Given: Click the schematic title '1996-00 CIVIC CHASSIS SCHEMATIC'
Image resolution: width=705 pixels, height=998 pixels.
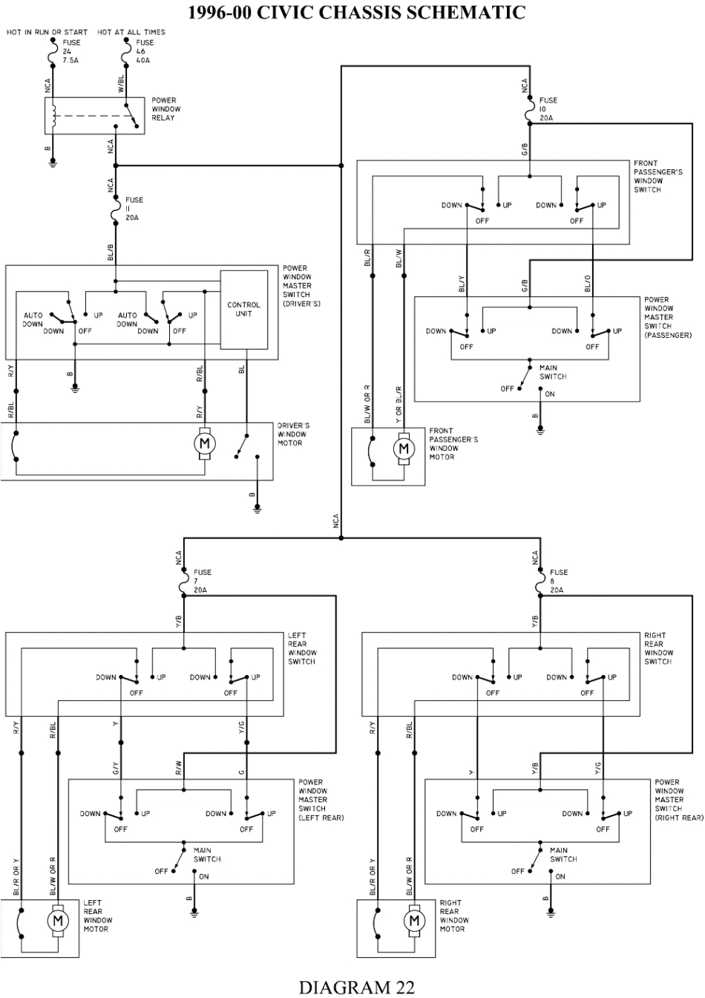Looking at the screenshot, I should coord(356,12).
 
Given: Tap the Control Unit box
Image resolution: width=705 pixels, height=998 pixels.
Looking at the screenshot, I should coord(243,310).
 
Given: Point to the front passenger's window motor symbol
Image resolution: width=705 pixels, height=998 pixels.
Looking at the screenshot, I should coord(404,449).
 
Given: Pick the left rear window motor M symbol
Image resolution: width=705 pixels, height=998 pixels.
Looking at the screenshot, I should coord(57,921).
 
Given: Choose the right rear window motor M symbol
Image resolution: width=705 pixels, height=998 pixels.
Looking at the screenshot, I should coord(413,921).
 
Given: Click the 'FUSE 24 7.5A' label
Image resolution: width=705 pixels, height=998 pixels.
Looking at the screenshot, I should coord(72,51).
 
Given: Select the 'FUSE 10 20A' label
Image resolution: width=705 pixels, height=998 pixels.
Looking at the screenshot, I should coord(548,109).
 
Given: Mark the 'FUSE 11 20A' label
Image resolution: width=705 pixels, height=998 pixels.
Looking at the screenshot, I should coord(134,209).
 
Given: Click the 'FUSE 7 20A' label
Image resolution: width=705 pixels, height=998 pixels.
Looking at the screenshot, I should coord(202,581).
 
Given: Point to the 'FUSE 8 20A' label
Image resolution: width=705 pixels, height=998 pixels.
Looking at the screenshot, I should coord(559,581).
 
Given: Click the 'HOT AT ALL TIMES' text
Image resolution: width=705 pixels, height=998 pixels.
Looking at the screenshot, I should coord(131,32).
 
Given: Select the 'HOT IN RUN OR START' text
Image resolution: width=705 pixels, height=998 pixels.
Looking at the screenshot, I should coord(47,32).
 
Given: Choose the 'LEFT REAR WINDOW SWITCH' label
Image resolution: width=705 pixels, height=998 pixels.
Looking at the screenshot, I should coord(302,648).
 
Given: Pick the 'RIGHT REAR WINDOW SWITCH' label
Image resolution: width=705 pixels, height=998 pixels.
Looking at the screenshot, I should coord(658,648).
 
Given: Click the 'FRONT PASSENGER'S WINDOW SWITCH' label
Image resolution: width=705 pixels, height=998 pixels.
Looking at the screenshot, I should coord(658,176).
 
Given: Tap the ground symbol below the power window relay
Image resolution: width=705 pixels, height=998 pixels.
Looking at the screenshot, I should coord(53,163).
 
